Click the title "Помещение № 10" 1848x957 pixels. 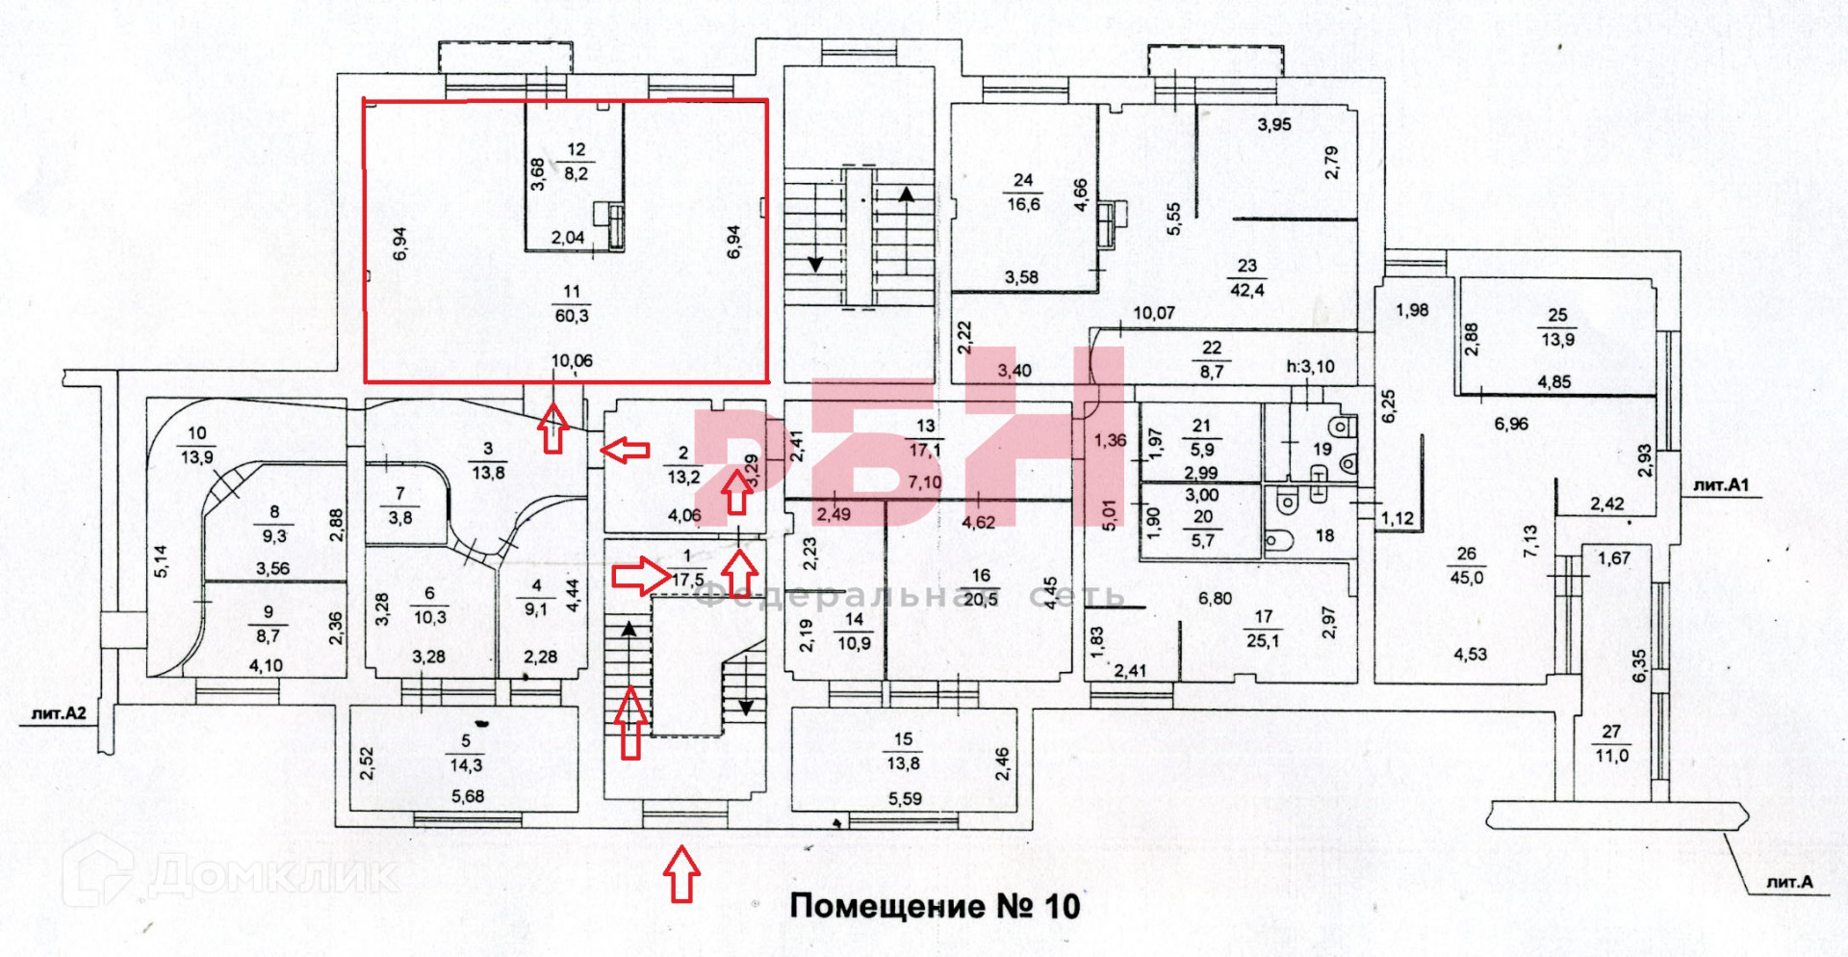pos(935,906)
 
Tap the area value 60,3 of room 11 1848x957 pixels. pos(571,316)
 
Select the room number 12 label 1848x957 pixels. pos(576,150)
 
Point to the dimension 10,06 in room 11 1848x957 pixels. pos(572,361)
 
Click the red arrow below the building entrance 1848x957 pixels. pos(680,873)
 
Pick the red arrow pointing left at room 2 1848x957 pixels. pos(625,449)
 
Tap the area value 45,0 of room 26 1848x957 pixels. pos(1466,578)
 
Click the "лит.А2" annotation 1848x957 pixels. pos(59,713)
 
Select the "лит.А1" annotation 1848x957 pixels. pos(1721,485)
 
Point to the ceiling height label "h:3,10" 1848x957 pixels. pos(1311,367)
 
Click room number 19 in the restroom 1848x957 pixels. pos(1322,449)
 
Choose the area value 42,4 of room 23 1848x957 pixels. pos(1246,290)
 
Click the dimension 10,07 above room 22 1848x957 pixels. pos(1154,313)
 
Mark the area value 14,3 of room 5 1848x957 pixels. pos(466,765)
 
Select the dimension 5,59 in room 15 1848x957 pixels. pos(905,798)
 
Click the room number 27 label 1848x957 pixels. pos(1611,732)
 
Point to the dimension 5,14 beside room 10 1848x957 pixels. pos(161,561)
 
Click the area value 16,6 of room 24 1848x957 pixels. pos(1023,204)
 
